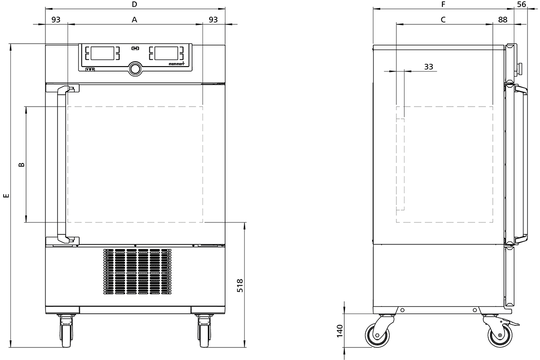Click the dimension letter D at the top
(135, 4)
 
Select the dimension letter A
(135, 20)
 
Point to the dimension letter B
(22, 165)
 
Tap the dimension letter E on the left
(6, 195)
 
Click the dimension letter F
(443, 4)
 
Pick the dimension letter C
(443, 20)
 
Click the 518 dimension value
(240, 286)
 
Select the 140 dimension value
(339, 331)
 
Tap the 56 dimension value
(522, 4)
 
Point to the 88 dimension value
(503, 20)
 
